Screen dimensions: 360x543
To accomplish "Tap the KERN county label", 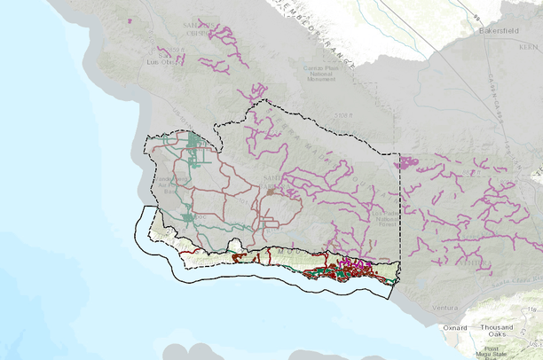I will pyautogui.click(x=531, y=43).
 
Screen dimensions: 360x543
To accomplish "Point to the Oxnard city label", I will pyautogui.click(x=454, y=327).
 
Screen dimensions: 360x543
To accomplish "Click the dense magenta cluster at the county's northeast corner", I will pyautogui.click(x=408, y=163).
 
